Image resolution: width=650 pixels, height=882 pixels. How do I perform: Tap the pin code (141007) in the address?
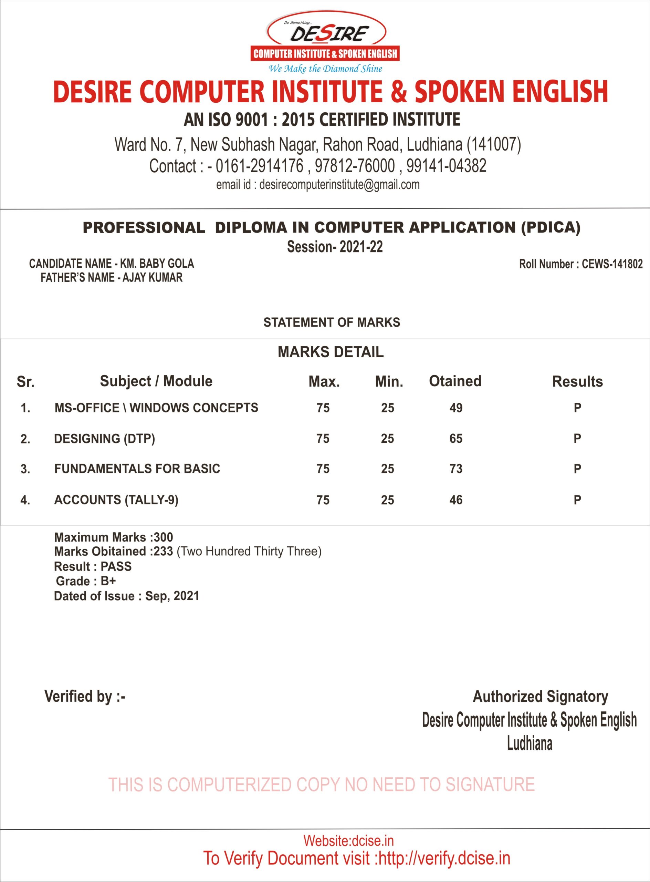[494, 144]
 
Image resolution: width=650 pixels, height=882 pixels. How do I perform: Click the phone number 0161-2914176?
[260, 166]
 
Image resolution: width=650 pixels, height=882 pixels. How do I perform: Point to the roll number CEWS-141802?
[612, 264]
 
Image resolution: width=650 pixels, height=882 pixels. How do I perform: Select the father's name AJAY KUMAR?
[152, 278]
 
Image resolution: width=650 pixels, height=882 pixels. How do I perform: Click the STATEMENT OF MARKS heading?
[331, 322]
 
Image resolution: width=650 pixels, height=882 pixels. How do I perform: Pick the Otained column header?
[455, 381]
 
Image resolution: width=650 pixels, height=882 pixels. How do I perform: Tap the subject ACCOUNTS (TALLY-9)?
[116, 500]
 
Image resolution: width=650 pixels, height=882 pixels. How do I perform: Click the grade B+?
[108, 581]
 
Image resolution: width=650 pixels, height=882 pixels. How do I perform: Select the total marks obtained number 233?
[163, 551]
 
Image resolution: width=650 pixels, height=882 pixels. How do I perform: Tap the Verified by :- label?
[85, 697]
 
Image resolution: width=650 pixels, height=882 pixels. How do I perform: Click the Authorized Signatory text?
[540, 697]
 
